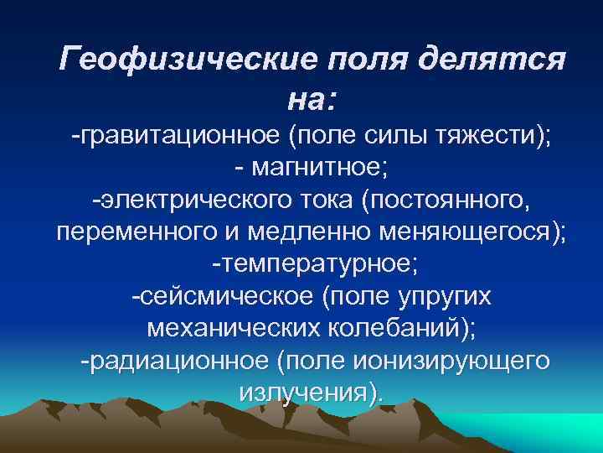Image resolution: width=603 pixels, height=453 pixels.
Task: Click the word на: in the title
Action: point(312,101)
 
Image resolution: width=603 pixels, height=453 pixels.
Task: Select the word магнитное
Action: point(321,169)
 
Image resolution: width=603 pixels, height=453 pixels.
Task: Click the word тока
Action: point(325,200)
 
